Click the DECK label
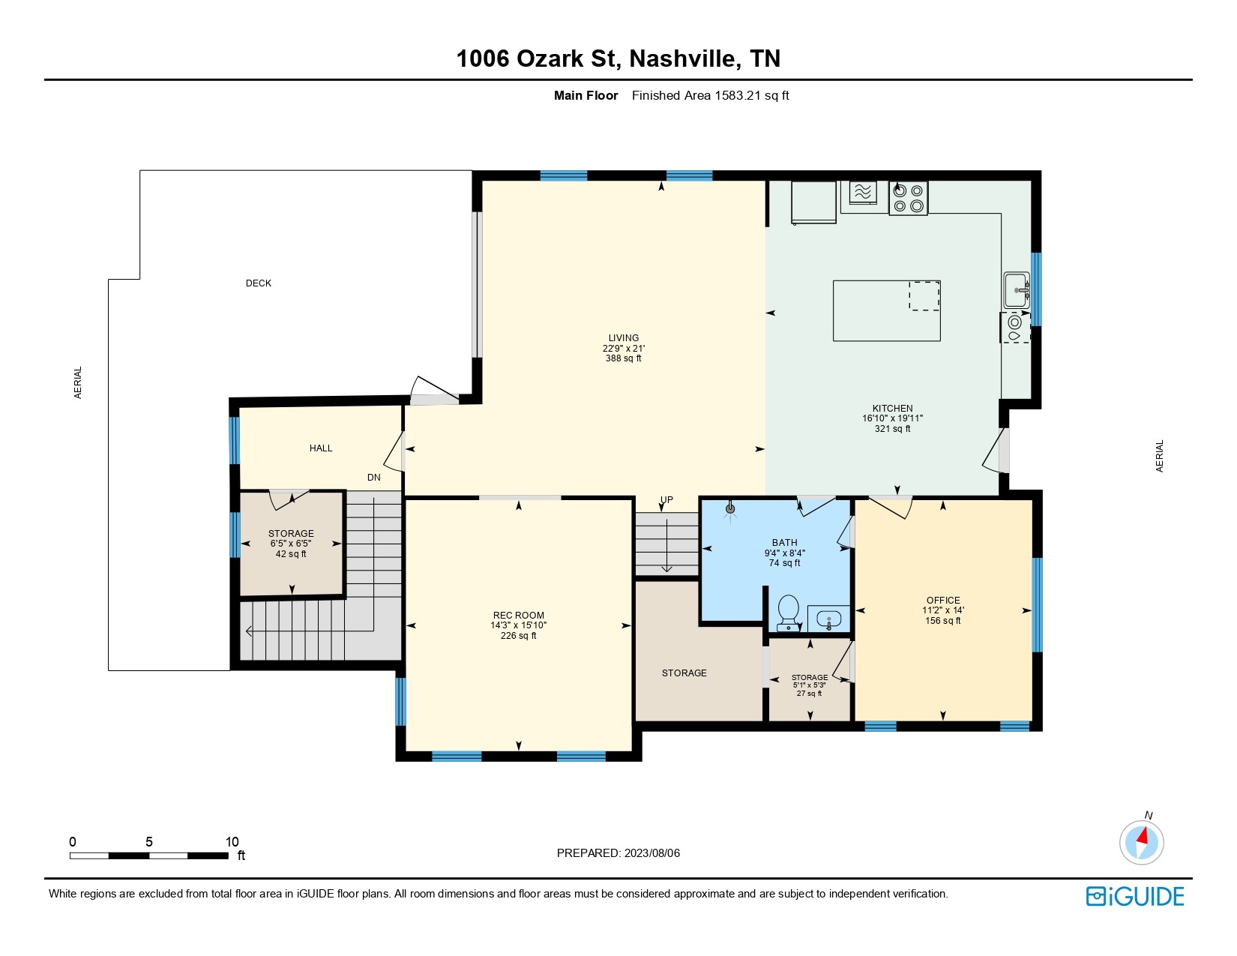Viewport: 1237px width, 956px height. [258, 283]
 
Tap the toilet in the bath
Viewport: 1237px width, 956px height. [789, 613]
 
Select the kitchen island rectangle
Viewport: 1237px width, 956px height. [886, 311]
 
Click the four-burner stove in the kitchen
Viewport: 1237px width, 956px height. [908, 198]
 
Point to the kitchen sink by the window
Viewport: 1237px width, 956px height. [1016, 290]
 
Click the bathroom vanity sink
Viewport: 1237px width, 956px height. [829, 619]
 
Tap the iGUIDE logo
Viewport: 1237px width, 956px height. [1134, 896]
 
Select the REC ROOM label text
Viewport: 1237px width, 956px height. [518, 615]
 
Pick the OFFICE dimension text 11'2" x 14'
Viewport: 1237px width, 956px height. [942, 610]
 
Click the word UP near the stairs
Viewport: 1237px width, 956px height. [666, 500]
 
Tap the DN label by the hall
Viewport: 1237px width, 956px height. [373, 477]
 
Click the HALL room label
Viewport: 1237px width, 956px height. [320, 448]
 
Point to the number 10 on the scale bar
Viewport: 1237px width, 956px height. [232, 841]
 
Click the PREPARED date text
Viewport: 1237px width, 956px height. [618, 853]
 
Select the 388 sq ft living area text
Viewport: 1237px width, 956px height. [623, 358]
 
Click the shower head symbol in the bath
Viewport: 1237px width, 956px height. [729, 509]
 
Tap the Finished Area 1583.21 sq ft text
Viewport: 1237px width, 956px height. [710, 96]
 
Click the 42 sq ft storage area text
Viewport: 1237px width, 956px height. [291, 553]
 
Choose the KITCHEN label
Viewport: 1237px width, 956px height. [892, 408]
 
